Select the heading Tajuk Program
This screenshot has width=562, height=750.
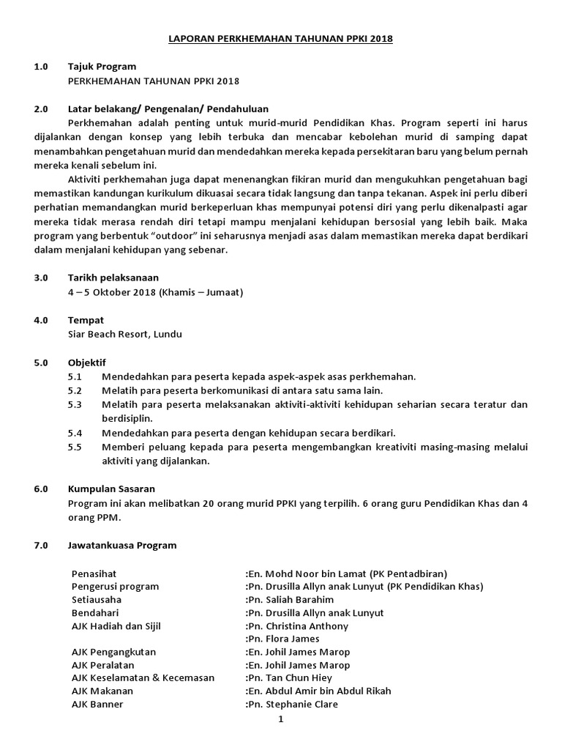tap(102, 67)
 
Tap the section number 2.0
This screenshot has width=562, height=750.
tap(40, 108)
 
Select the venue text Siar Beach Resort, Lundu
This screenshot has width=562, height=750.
tap(124, 334)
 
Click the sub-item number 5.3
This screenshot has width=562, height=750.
tap(75, 404)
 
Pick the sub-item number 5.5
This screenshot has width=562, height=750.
tap(75, 447)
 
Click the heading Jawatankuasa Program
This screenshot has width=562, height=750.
tap(121, 545)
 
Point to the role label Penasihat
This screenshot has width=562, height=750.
tap(94, 573)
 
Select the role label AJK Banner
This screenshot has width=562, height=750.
tap(97, 705)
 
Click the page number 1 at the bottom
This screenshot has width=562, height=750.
tap(280, 719)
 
